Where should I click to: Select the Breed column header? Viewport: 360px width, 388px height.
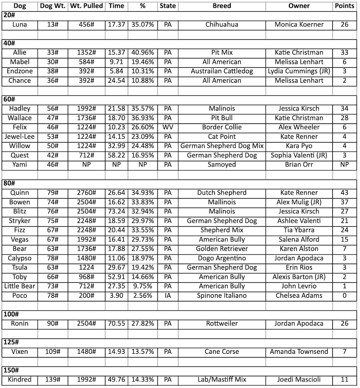[x=222, y=6]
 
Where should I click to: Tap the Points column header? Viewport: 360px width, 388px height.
[x=344, y=6]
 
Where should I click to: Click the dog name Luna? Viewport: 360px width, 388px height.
[x=20, y=25]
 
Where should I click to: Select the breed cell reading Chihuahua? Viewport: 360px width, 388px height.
[x=222, y=25]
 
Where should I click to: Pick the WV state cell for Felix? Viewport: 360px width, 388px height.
[x=167, y=127]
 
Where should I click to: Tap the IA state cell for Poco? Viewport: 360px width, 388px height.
[x=167, y=296]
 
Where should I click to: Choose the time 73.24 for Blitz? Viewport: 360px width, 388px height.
[x=116, y=212]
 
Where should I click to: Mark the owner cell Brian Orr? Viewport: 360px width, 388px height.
[x=299, y=165]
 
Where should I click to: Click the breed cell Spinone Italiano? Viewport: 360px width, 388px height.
[x=222, y=296]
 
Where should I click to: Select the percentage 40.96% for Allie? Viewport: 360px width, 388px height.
[x=141, y=53]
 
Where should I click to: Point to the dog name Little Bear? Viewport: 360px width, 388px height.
[x=20, y=286]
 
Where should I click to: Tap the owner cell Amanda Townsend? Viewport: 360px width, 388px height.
[x=299, y=352]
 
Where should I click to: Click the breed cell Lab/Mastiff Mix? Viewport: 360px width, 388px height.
[x=222, y=380]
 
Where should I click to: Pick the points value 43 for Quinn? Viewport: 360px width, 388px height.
[x=344, y=193]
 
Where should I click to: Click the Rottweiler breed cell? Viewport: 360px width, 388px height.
[x=222, y=324]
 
